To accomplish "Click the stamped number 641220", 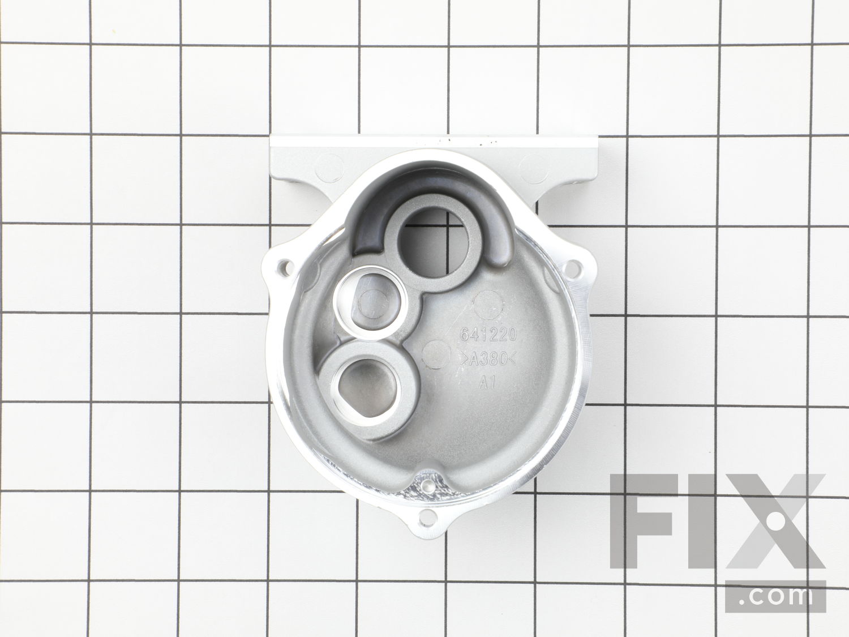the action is pyautogui.click(x=488, y=334).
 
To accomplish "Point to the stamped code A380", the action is pyautogui.click(x=488, y=360).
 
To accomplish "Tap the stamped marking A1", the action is pyautogui.click(x=487, y=383).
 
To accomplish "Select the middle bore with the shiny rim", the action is pyautogui.click(x=370, y=303).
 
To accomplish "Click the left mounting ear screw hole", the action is pyautogui.click(x=285, y=267).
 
